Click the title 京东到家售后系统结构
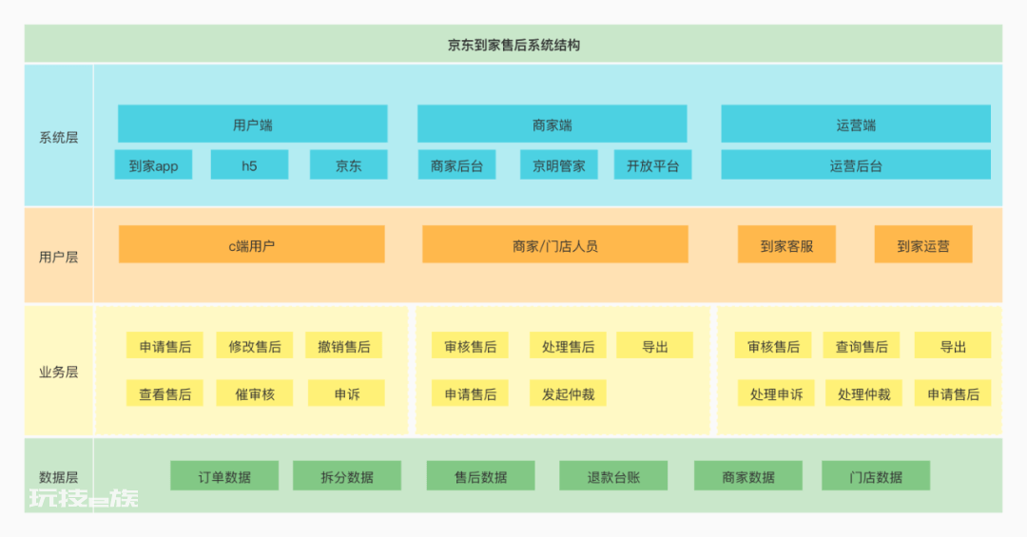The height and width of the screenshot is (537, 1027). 513,46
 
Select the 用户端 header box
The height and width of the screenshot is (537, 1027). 252,124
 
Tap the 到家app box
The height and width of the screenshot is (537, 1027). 153,165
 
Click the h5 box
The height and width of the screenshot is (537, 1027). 249,165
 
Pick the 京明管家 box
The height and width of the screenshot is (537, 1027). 559,165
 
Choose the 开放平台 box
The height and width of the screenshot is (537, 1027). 652,165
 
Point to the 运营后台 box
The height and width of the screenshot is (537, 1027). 856,165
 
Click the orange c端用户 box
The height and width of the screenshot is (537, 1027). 251,244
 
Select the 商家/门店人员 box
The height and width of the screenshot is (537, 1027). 554,244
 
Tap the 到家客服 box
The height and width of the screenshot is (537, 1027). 786,244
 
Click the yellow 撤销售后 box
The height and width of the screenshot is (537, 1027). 344,346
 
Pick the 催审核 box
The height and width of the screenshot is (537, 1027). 255,393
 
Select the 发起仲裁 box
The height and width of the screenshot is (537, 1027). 568,393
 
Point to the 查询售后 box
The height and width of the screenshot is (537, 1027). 862,346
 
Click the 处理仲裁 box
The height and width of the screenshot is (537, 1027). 863,393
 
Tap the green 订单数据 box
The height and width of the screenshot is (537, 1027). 224,475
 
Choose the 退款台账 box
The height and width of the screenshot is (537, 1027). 613,475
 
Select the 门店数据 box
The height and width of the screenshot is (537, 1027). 876,475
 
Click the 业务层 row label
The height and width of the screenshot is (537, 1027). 58,372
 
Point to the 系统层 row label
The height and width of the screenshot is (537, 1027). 58,138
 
